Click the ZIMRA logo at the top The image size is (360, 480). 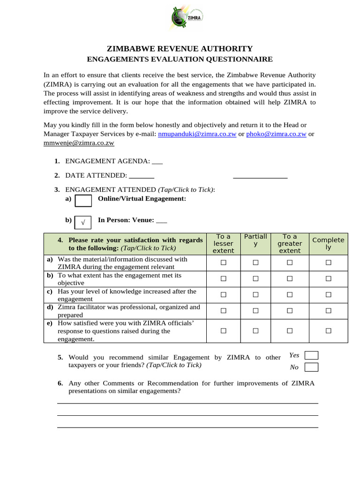point(187,20)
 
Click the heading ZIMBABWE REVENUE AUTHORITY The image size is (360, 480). point(180,49)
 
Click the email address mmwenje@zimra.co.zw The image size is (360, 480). point(79,142)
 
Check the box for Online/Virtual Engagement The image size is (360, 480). point(83,201)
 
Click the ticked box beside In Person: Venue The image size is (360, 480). point(83,222)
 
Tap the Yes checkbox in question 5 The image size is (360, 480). point(311,355)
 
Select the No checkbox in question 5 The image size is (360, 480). point(311,367)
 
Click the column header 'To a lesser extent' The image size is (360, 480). point(223,244)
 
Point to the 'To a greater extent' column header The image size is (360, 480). point(290,244)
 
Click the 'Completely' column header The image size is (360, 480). point(328,244)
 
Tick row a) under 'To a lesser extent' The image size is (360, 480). point(224,263)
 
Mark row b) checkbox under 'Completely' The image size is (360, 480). point(329,279)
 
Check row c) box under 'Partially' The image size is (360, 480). point(255,295)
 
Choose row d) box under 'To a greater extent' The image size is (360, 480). point(290,311)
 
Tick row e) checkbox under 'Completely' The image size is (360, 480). point(329,331)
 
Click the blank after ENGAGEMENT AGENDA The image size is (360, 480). point(157,161)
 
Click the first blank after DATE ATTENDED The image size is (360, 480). point(141,176)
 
